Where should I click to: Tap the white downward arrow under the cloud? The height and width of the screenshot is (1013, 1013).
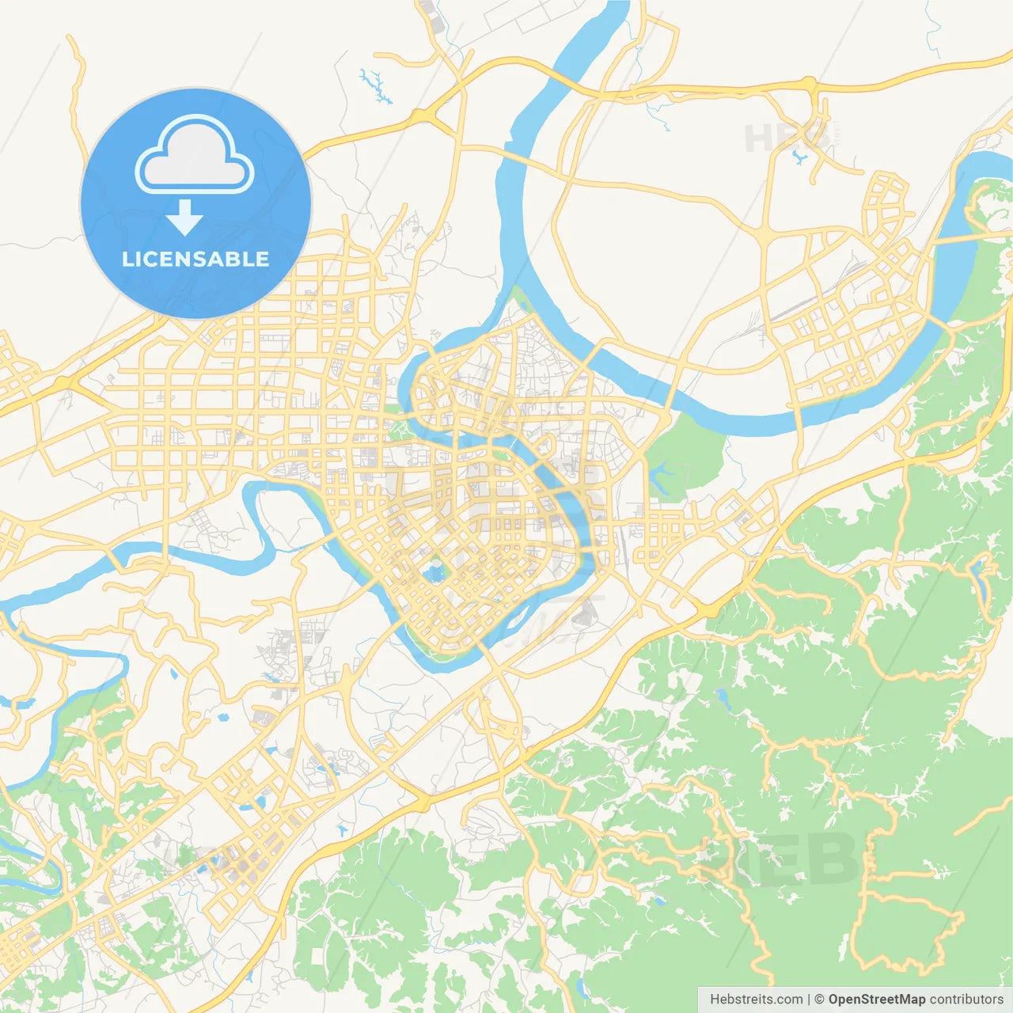pos(185,218)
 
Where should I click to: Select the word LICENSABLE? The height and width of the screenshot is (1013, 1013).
pos(195,259)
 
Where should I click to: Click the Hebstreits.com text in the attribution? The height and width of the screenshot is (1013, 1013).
pos(756,1000)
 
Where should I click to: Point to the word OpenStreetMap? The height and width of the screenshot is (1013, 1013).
pos(876,1000)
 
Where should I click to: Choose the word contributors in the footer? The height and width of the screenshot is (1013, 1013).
pos(966,1000)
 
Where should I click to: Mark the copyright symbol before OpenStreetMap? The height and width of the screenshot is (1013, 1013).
pos(819,1000)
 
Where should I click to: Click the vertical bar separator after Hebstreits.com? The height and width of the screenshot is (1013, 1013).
pos(809,1000)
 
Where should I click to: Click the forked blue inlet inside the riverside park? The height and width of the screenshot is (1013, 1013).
pos(660,476)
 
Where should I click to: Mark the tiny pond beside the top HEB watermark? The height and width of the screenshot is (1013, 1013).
pos(799,158)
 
